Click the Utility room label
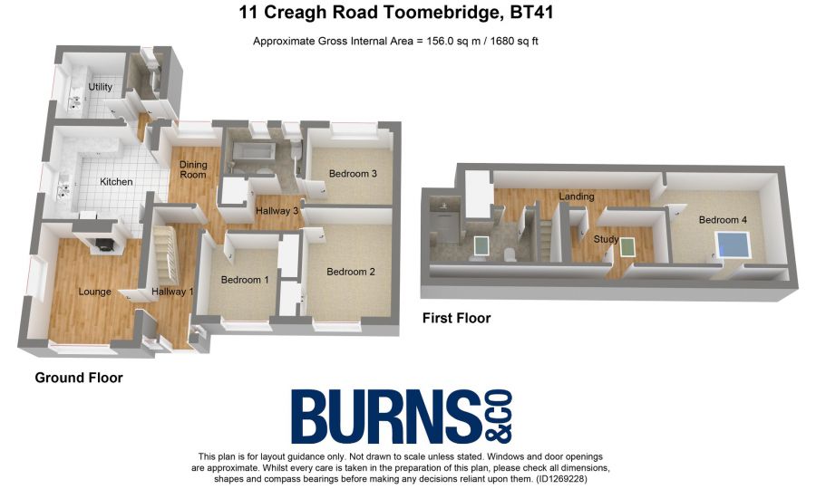100,87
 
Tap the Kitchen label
116,182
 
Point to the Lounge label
95,292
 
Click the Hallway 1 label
173,292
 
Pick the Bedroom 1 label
245,281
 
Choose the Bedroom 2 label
351,272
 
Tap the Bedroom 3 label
353,174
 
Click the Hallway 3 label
277,211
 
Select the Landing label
577,197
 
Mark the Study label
605,240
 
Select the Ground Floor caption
79,377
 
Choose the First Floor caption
457,318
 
